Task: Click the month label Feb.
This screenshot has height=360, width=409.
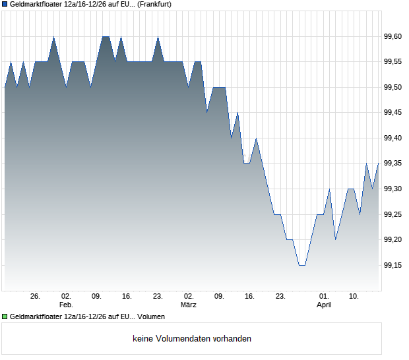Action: (65, 305)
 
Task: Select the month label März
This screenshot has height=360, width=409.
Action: (189, 305)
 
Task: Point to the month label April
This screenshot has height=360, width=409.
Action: (324, 305)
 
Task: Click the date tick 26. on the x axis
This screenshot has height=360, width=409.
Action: (36, 297)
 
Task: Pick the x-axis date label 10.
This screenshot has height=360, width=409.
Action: (354, 297)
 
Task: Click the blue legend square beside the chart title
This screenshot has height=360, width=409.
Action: (5, 5)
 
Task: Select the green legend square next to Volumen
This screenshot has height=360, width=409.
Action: (5, 317)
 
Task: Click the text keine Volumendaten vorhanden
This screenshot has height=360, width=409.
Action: (192, 339)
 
